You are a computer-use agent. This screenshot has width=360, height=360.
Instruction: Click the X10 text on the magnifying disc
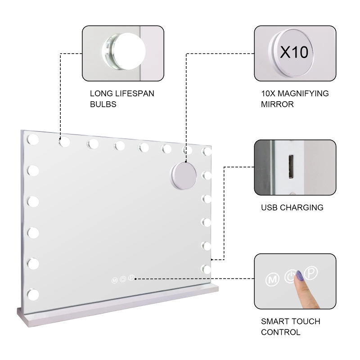[294, 52]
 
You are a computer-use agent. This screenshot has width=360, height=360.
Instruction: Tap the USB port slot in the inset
[291, 167]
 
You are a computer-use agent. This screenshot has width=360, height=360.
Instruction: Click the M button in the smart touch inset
[272, 279]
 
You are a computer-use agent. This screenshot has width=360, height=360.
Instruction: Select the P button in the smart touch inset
[311, 273]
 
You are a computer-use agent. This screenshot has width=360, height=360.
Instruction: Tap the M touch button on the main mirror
[114, 280]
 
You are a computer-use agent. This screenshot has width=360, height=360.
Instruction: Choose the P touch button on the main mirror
[131, 278]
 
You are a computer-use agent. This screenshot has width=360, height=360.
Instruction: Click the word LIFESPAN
[135, 94]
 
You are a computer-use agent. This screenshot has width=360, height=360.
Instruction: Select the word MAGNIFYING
[303, 94]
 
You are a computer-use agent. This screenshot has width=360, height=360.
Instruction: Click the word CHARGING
[301, 207]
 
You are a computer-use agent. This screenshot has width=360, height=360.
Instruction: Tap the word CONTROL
[280, 332]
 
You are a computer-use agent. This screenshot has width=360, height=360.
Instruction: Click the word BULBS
[103, 104]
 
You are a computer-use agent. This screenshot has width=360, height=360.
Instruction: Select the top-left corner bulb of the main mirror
[33, 139]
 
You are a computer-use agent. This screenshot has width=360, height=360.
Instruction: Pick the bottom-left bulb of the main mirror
[33, 295]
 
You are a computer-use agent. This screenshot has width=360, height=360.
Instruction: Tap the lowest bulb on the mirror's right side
[206, 269]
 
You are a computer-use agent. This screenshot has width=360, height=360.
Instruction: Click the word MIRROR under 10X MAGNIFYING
[277, 104]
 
